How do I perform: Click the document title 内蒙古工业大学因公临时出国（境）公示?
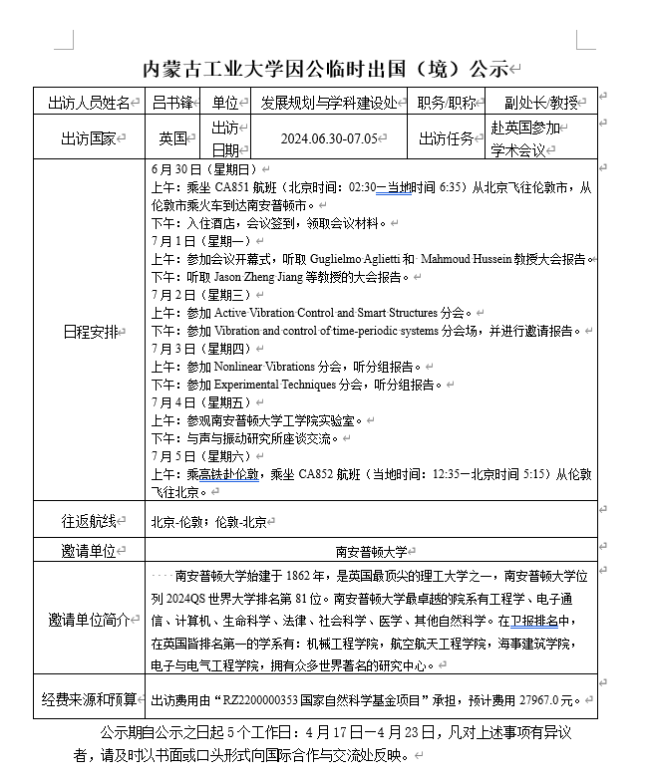click(326, 69)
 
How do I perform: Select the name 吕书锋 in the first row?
click(171, 103)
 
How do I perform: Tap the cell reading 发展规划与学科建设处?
click(329, 103)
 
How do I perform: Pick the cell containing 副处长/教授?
click(541, 103)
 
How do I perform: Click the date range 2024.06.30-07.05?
click(329, 138)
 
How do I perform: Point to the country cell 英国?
click(171, 138)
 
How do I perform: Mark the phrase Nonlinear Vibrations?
click(264, 367)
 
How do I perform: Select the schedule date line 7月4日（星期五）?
click(200, 402)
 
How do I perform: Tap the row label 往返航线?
click(89, 521)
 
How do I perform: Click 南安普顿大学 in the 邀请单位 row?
click(371, 551)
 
